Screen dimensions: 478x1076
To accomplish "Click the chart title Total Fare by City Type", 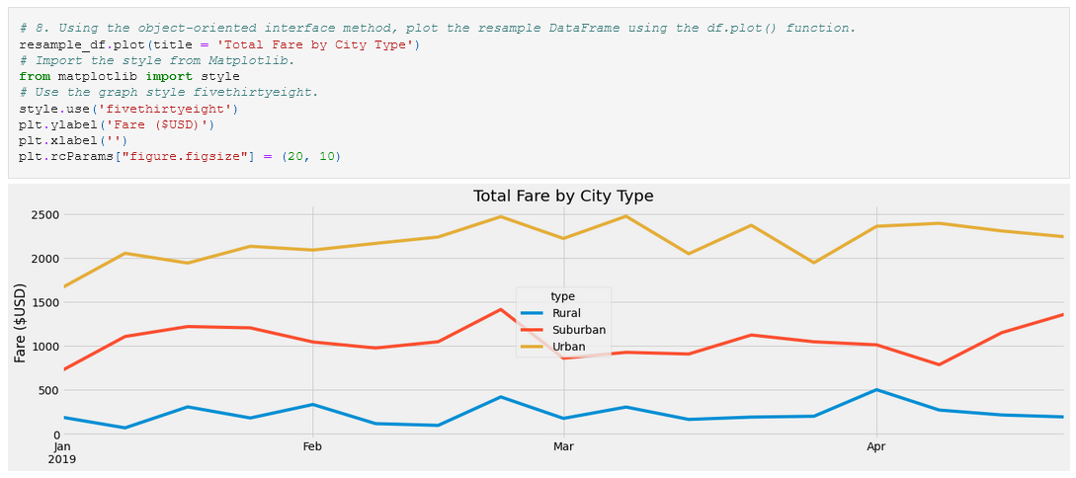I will click(563, 196).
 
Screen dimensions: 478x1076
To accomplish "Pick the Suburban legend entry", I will click(579, 330).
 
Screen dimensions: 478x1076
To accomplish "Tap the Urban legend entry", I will click(569, 347).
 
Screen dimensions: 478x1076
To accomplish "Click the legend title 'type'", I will click(563, 296).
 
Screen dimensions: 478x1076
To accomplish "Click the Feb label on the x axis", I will click(312, 447).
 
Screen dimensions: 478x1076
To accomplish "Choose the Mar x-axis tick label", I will click(563, 447).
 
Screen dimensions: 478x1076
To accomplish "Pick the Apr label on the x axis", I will click(875, 447).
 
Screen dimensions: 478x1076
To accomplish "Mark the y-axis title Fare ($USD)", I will click(21, 322).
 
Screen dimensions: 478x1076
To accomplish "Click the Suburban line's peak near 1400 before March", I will click(501, 309).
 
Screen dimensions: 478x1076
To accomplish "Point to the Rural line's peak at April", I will click(875, 389).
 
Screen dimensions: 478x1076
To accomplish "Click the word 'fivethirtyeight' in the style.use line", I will click(163, 108).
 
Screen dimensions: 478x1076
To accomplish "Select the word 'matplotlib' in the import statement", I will click(99, 76).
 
